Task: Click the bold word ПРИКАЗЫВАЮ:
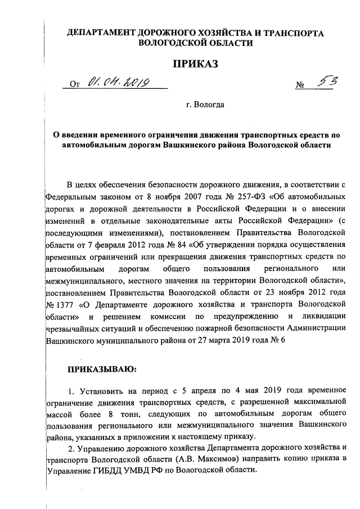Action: [x=101, y=369]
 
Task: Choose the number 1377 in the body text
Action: [x=62, y=304]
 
